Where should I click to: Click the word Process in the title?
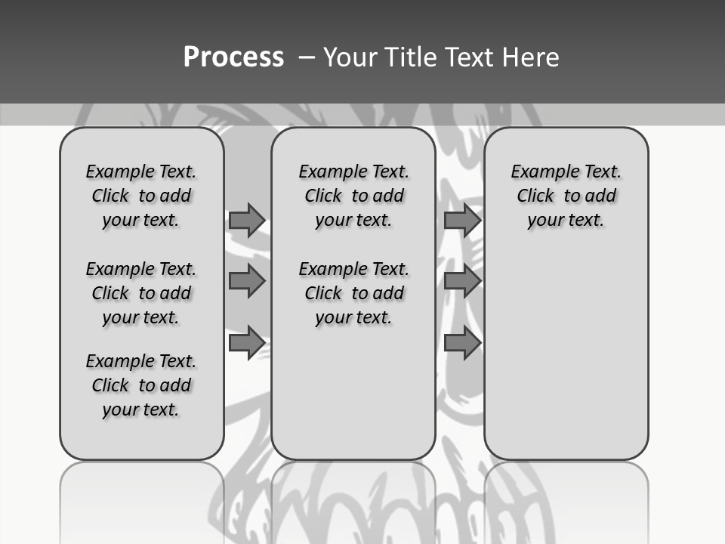[233, 57]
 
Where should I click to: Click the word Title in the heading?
[408, 57]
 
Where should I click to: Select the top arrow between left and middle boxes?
[246, 220]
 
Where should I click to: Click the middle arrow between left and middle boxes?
[246, 281]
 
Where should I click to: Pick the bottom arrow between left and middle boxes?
[246, 343]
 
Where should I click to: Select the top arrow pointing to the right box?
[462, 220]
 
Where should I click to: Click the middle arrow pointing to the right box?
[462, 281]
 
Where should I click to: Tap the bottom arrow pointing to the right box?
[462, 343]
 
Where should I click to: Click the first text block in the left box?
[141, 196]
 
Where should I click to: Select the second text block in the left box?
[141, 293]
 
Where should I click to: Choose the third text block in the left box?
[141, 385]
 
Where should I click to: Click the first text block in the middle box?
[353, 196]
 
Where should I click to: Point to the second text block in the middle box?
[353, 293]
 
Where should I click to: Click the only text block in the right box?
[566, 196]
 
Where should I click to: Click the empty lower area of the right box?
[566, 348]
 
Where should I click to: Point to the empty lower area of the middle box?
[353, 393]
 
